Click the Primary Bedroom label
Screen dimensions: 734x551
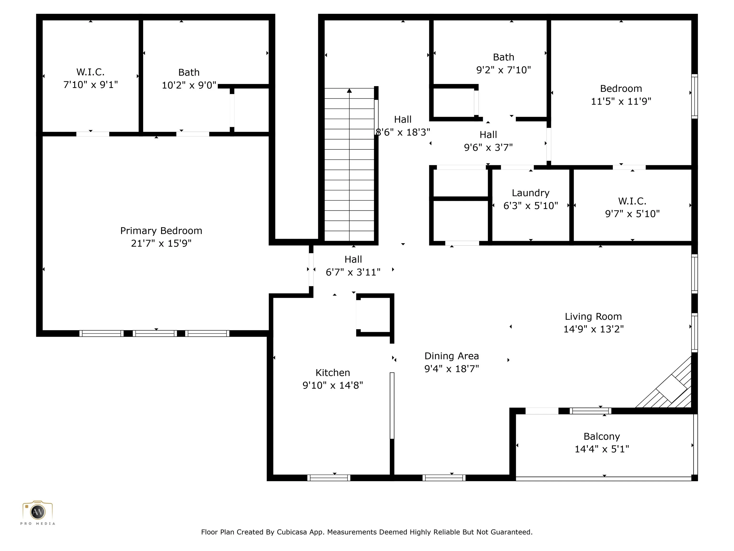click(161, 231)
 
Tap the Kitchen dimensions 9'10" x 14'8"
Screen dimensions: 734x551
click(333, 385)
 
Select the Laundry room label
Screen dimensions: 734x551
click(531, 193)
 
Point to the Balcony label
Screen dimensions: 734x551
click(602, 436)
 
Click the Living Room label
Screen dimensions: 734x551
click(593, 317)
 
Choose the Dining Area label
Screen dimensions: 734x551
click(452, 356)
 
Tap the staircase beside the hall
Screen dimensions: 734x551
click(349, 164)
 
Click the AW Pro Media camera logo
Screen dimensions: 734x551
click(38, 512)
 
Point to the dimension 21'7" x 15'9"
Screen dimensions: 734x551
click(161, 243)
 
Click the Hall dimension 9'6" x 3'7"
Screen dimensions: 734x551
click(488, 148)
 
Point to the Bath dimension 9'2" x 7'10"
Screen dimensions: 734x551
click(503, 70)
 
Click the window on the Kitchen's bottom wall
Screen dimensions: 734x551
click(329, 478)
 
